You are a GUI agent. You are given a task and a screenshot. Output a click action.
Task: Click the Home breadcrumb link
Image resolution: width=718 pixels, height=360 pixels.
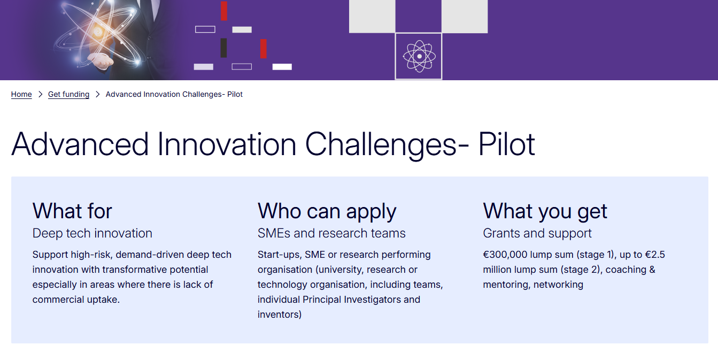[x=21, y=94]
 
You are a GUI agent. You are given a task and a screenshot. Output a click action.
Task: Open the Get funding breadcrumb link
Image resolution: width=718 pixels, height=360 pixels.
[x=68, y=94]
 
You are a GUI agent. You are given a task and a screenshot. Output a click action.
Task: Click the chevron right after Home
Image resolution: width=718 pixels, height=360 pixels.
[x=40, y=94]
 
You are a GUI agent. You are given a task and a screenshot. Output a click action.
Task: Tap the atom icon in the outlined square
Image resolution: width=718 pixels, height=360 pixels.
[x=419, y=56]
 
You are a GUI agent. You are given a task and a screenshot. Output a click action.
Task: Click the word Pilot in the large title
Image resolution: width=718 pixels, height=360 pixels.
[x=506, y=144]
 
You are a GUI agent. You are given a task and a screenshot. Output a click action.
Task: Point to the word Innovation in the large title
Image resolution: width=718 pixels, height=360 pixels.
[x=227, y=144]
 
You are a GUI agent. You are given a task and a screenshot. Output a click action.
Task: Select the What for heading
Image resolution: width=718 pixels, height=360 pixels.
[x=72, y=211]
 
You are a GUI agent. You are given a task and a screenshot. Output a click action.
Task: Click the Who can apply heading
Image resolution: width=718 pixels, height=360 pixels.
[x=327, y=211]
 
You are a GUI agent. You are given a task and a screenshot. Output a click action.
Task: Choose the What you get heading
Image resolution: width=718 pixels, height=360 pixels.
[x=545, y=211]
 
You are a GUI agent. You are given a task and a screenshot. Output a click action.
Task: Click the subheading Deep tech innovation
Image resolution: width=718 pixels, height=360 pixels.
[x=92, y=233]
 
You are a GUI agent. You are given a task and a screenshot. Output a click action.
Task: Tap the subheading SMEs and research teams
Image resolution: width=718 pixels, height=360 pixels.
[x=331, y=233]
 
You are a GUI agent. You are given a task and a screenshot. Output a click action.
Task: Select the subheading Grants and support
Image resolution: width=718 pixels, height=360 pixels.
[x=537, y=233]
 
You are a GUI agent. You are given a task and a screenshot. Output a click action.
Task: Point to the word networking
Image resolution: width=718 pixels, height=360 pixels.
[x=558, y=285]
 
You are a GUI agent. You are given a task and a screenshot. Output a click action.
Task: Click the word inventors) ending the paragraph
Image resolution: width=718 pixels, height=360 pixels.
[x=280, y=315]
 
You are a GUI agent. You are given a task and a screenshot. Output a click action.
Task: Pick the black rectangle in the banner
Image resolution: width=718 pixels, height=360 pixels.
[x=223, y=48]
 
